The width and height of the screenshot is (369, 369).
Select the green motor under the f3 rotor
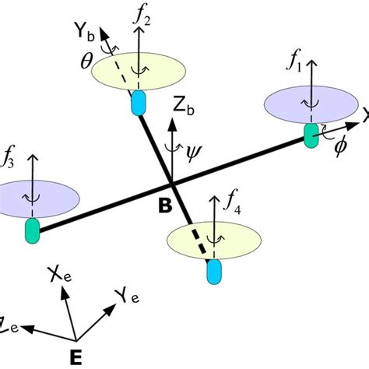coord(33,230)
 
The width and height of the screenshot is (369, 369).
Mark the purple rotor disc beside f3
coord(35,195)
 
